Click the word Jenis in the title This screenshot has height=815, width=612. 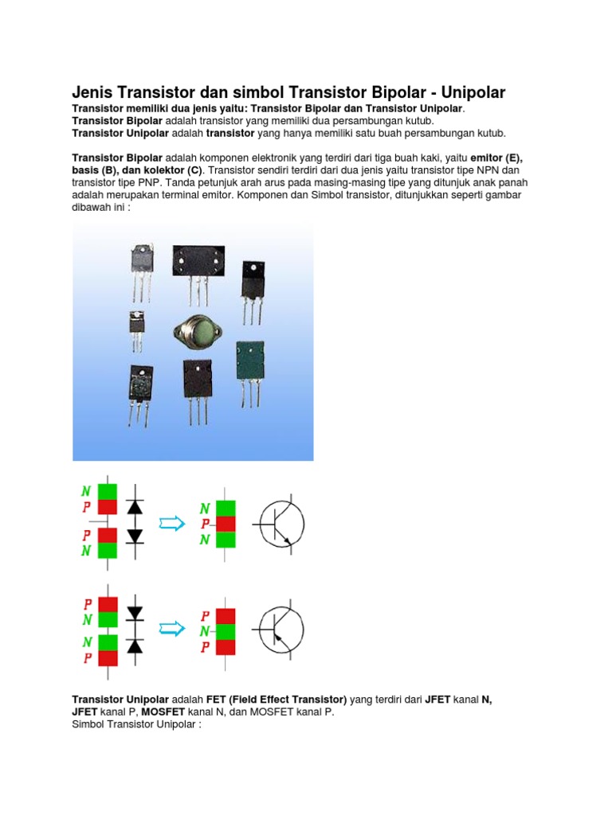coord(92,92)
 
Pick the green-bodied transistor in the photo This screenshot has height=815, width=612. coord(249,361)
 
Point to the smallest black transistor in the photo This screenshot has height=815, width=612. coord(136,323)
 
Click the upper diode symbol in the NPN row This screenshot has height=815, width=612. coord(135,506)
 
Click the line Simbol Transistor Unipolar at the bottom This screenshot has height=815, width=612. coord(139,725)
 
